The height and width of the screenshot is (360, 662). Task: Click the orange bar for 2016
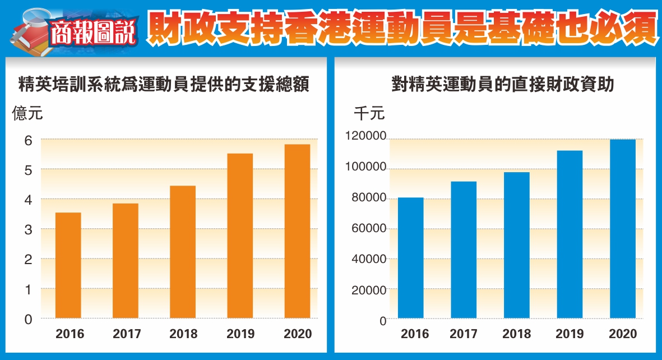coord(68,265)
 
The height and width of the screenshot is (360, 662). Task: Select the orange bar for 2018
coord(183,252)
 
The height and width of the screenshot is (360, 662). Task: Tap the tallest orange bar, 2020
coord(297,231)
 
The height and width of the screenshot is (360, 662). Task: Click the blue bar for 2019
coord(570,235)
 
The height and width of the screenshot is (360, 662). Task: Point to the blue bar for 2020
coord(623,229)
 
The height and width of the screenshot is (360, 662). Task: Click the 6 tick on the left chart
coord(27,140)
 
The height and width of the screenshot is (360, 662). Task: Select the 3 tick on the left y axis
coord(27,229)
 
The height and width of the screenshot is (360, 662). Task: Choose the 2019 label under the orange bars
coord(240,334)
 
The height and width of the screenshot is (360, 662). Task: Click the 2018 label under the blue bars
coord(517,334)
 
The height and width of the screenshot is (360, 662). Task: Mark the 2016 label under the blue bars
coord(415,334)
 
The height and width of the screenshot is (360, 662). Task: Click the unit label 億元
coord(27,114)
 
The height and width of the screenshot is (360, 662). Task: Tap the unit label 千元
coord(369,114)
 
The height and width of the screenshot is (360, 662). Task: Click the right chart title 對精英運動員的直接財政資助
coord(503,85)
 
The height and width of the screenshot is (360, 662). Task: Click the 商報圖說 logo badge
coord(92,33)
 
